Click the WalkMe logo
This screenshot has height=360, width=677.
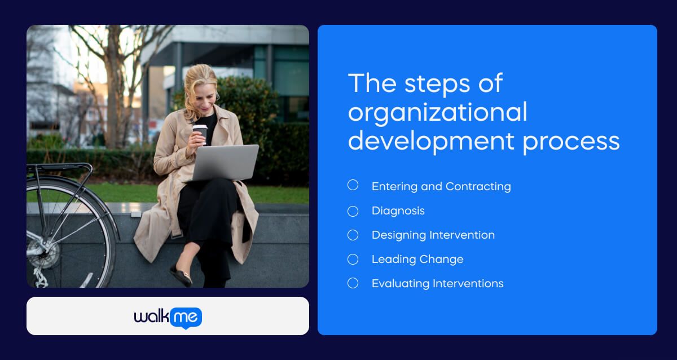(x=168, y=317)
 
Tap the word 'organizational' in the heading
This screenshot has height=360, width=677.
(x=437, y=113)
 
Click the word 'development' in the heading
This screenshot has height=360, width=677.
(x=430, y=141)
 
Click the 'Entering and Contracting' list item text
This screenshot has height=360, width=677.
(x=441, y=187)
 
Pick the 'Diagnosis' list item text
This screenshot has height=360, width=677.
(x=398, y=211)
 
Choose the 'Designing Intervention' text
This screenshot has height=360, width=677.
(x=433, y=235)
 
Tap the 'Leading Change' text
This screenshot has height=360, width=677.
(x=417, y=260)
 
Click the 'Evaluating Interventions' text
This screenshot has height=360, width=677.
(x=437, y=284)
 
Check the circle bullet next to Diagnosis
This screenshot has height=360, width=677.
(x=353, y=211)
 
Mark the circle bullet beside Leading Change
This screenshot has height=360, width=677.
(x=353, y=260)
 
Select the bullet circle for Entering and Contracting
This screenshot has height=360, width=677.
(x=353, y=185)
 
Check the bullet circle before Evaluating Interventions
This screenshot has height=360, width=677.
(x=353, y=283)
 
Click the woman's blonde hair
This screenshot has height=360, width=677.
(x=195, y=82)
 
